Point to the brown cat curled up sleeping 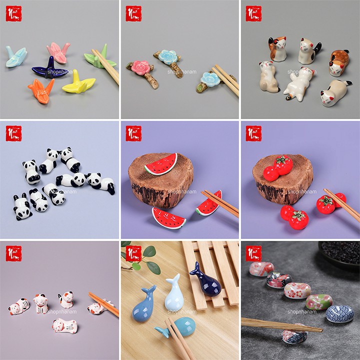tap(339, 58)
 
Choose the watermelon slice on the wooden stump tap(161, 164)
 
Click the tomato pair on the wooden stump tap(278, 167)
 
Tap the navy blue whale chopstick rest tap(205, 280)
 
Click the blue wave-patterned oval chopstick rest tap(339, 313)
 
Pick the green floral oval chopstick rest tap(318, 302)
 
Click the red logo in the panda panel tap(13, 133)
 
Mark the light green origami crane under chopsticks tap(99, 59)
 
